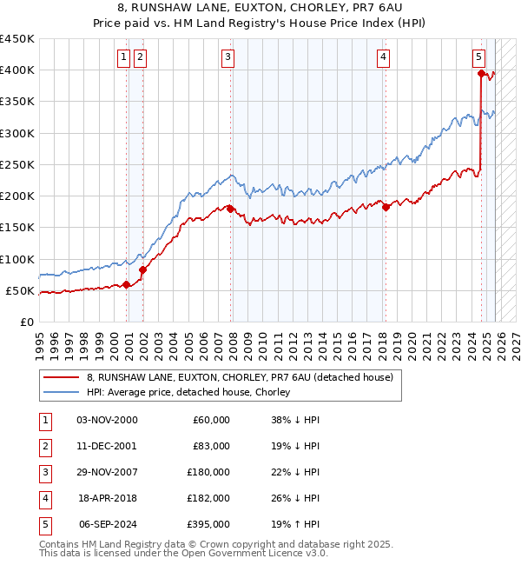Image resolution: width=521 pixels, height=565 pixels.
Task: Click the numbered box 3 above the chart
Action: [227, 57]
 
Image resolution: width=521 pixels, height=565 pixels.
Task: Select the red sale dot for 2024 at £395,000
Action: [480, 74]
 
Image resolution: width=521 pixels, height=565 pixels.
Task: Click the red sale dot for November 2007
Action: [230, 209]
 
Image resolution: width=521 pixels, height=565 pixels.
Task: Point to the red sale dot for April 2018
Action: [386, 207]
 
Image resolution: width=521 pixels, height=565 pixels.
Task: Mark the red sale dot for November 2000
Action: [127, 284]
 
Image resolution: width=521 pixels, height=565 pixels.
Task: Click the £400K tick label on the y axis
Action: [17, 70]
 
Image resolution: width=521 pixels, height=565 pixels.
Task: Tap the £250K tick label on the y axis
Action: [17, 164]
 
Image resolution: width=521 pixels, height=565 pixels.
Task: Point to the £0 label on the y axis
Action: [26, 322]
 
